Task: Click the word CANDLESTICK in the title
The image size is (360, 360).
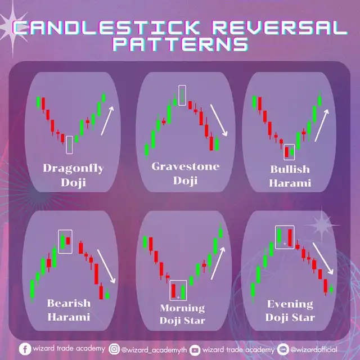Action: tap(106, 28)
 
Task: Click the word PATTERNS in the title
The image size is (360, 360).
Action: tap(181, 44)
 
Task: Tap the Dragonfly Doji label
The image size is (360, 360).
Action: tap(73, 175)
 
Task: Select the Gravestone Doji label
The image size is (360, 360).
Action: tap(185, 173)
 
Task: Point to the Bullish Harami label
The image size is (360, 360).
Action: tap(290, 176)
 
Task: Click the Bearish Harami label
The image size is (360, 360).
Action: tap(69, 310)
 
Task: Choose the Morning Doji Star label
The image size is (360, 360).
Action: tap(182, 314)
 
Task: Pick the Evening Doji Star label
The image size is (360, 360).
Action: tap(290, 310)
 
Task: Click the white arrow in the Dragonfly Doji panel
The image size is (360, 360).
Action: tap(107, 121)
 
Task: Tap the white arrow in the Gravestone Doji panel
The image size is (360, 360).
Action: tap(219, 120)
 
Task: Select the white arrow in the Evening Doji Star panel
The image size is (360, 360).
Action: tap(323, 258)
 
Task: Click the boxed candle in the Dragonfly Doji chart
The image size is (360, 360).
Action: tap(69, 145)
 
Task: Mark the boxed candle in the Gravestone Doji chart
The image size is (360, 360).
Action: tap(182, 95)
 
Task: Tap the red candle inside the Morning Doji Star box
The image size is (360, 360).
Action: tap(173, 291)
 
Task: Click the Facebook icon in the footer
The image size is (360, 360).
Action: tap(25, 349)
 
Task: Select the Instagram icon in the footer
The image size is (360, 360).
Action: tap(114, 349)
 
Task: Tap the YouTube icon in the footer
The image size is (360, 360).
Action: tap(195, 350)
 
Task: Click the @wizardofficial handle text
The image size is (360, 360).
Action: tap(314, 349)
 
